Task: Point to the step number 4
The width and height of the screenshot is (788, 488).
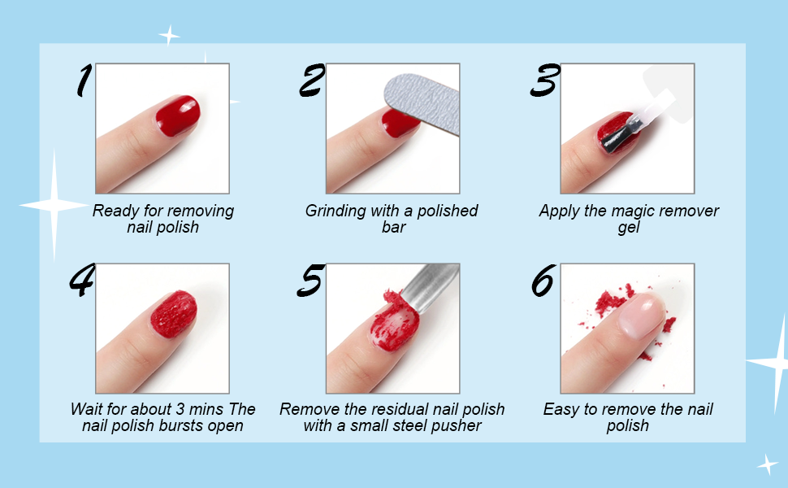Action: click(x=81, y=281)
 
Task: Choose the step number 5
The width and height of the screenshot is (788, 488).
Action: click(x=311, y=281)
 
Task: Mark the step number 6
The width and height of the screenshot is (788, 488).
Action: click(x=543, y=281)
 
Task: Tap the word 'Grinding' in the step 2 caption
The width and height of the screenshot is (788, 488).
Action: click(x=336, y=211)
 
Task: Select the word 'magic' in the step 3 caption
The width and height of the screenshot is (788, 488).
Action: click(x=620, y=211)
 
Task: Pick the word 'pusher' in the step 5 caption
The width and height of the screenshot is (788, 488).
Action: click(x=457, y=426)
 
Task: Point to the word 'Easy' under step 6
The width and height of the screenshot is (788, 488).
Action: click(x=561, y=410)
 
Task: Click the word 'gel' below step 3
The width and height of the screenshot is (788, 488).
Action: click(x=629, y=228)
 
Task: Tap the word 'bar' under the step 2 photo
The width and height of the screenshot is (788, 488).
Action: click(x=393, y=228)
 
